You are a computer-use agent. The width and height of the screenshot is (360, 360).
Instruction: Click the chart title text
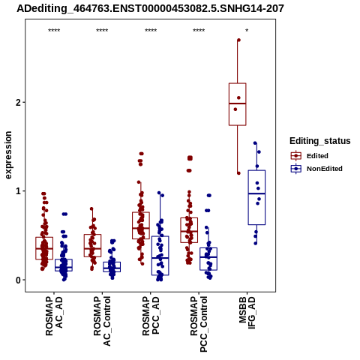(x=150, y=8)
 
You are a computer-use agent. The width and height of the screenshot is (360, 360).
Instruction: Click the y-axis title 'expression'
(x=8, y=155)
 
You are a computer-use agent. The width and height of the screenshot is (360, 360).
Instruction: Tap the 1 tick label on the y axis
(x=19, y=191)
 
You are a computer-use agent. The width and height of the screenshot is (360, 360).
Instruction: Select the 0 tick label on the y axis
(x=19, y=280)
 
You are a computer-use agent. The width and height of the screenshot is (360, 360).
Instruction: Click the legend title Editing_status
(x=320, y=141)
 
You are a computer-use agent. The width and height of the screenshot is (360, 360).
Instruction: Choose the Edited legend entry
(x=310, y=156)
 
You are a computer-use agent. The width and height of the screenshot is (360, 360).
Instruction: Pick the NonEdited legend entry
(x=316, y=169)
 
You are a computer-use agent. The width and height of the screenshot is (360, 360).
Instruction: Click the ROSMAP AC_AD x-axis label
(x=54, y=316)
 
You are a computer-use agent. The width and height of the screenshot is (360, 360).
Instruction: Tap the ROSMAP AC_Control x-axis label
(x=102, y=321)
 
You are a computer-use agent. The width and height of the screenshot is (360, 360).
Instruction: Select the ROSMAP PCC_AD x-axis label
(x=151, y=316)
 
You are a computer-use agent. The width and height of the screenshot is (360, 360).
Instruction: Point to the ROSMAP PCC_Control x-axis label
(x=199, y=324)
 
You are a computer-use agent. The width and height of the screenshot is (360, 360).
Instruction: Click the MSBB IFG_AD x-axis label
(x=247, y=313)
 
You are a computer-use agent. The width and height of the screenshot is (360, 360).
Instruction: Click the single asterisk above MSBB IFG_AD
(x=247, y=31)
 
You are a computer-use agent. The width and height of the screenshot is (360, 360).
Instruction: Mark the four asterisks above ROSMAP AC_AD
(x=54, y=31)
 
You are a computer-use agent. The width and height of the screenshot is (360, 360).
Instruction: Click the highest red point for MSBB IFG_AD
(x=238, y=40)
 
